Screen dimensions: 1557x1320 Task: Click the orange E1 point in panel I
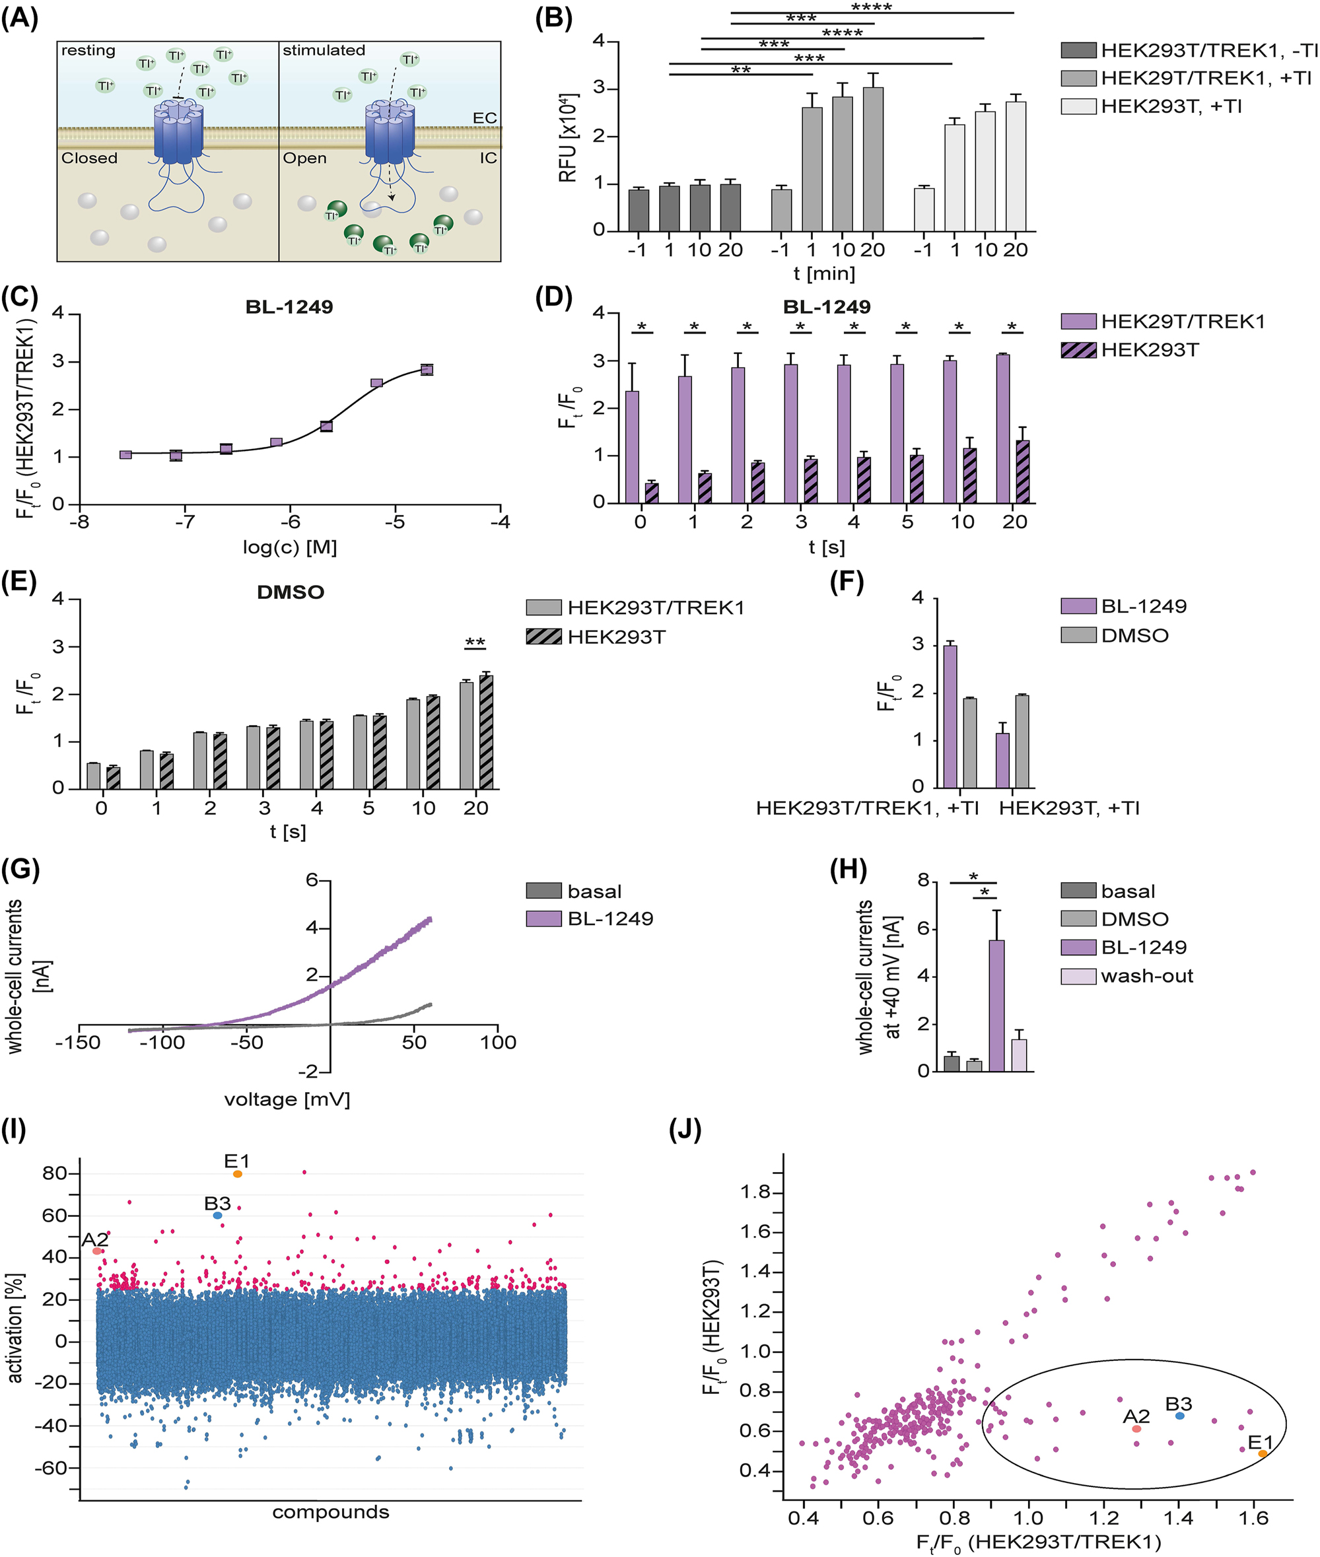(237, 1174)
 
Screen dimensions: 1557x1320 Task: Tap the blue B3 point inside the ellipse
(1180, 1416)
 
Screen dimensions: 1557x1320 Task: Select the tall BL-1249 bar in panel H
(996, 1006)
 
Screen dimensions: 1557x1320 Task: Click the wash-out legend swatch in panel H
(1078, 977)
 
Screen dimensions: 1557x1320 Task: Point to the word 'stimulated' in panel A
(324, 50)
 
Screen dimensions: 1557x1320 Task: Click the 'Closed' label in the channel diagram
(89, 158)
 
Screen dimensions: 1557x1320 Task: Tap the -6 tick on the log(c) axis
(290, 522)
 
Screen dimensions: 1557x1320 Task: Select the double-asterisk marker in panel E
(475, 642)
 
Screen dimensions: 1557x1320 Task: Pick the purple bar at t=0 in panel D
(633, 446)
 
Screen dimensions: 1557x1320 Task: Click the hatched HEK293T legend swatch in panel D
(1078, 349)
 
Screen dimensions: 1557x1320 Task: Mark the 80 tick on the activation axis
(55, 1173)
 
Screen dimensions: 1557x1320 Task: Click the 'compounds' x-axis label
(331, 1512)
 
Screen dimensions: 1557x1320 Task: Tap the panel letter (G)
(20, 870)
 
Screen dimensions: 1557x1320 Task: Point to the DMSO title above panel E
(291, 592)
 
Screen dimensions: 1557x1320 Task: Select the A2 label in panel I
(95, 1239)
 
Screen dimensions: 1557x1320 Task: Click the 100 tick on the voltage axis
(498, 1042)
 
